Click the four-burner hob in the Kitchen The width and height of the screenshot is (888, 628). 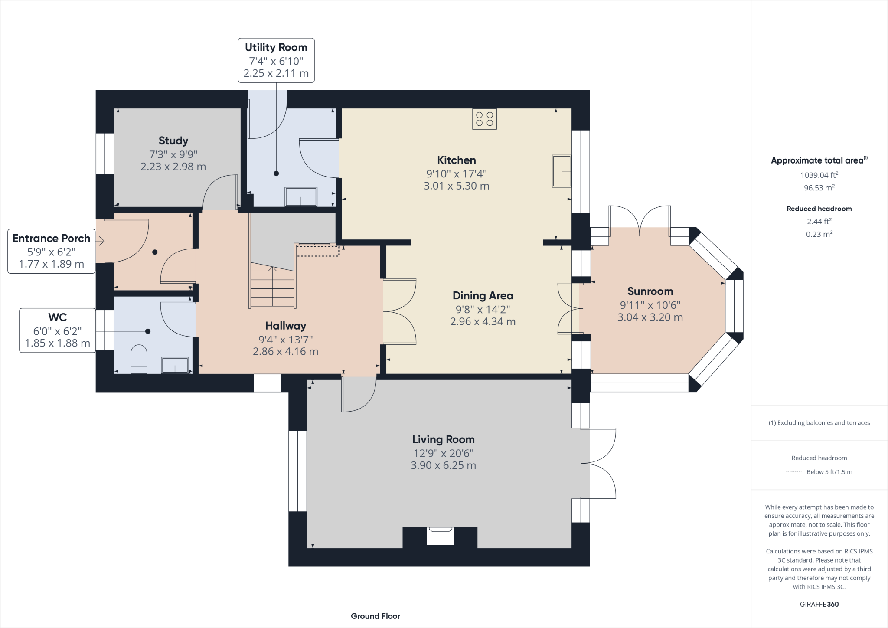[484, 119]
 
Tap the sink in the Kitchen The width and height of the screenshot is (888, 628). [562, 171]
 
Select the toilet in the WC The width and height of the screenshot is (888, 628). [139, 359]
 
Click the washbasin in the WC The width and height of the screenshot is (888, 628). [175, 365]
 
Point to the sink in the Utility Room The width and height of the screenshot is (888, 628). [301, 197]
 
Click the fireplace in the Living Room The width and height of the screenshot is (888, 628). [441, 536]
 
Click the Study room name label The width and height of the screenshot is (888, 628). [173, 141]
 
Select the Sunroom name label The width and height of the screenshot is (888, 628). [650, 291]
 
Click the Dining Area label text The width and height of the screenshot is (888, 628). [483, 296]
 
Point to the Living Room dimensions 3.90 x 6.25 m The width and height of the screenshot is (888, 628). [443, 465]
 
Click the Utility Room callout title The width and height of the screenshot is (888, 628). [276, 47]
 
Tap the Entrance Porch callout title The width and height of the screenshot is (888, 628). [51, 238]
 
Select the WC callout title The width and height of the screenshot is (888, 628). [58, 317]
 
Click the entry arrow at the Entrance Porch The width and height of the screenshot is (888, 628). [100, 241]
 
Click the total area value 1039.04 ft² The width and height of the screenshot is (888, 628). [819, 175]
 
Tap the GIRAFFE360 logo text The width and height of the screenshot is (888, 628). [819, 604]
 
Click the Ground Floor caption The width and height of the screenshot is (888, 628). [375, 616]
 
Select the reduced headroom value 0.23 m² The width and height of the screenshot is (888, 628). [819, 234]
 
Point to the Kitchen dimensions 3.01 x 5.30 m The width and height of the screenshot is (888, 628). [457, 186]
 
